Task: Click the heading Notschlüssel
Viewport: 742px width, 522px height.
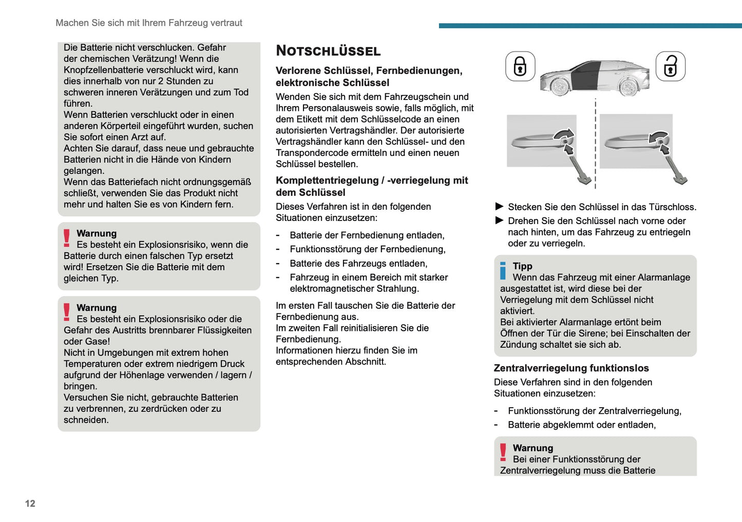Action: pyautogui.click(x=328, y=51)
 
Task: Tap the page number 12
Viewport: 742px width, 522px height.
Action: pyautogui.click(x=30, y=504)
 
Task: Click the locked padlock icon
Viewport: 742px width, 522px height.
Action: pyautogui.click(x=520, y=66)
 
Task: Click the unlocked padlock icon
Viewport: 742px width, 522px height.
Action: pyautogui.click(x=670, y=66)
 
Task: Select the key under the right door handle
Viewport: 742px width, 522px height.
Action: pyautogui.click(x=675, y=167)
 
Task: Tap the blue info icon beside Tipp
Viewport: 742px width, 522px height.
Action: pyautogui.click(x=503, y=271)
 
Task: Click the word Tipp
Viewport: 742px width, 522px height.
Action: pyautogui.click(x=522, y=266)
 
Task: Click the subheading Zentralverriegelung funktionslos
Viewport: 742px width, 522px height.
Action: pyautogui.click(x=571, y=368)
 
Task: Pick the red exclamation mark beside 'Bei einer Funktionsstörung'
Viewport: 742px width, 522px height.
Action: pyautogui.click(x=503, y=453)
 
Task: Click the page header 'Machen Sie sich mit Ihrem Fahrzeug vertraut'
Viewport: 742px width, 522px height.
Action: pyautogui.click(x=149, y=23)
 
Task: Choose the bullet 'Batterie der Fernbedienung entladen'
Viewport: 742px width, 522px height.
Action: pyautogui.click(x=367, y=235)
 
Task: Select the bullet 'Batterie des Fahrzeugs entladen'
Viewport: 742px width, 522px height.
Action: pyautogui.click(x=358, y=264)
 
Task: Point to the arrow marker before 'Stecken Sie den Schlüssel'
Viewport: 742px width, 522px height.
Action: pyautogui.click(x=499, y=207)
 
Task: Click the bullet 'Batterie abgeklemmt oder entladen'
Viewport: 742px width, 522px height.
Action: pyautogui.click(x=581, y=425)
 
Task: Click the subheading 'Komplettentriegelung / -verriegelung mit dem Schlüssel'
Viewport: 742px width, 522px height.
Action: pyautogui.click(x=372, y=186)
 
